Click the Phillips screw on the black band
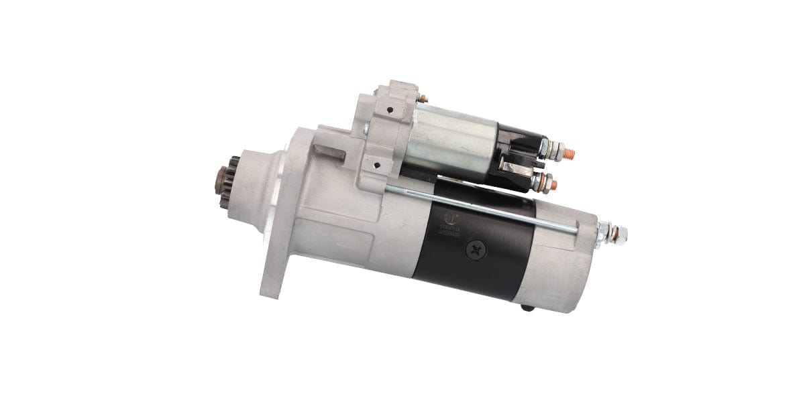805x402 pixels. coord(476,249)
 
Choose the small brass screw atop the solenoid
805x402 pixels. coord(419,100)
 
